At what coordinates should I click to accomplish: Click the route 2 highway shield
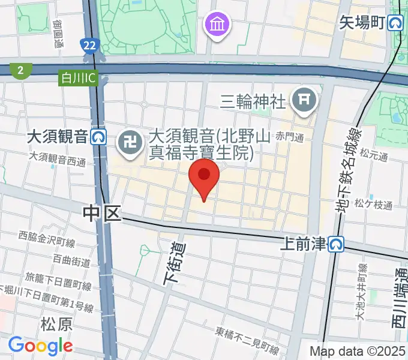21,70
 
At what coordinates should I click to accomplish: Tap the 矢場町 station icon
395,23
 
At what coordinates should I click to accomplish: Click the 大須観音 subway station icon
100,137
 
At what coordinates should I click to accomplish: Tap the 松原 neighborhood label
56,325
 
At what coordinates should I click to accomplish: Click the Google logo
40,346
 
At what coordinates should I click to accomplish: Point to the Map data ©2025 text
358,351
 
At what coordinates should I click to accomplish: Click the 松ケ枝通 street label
374,205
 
